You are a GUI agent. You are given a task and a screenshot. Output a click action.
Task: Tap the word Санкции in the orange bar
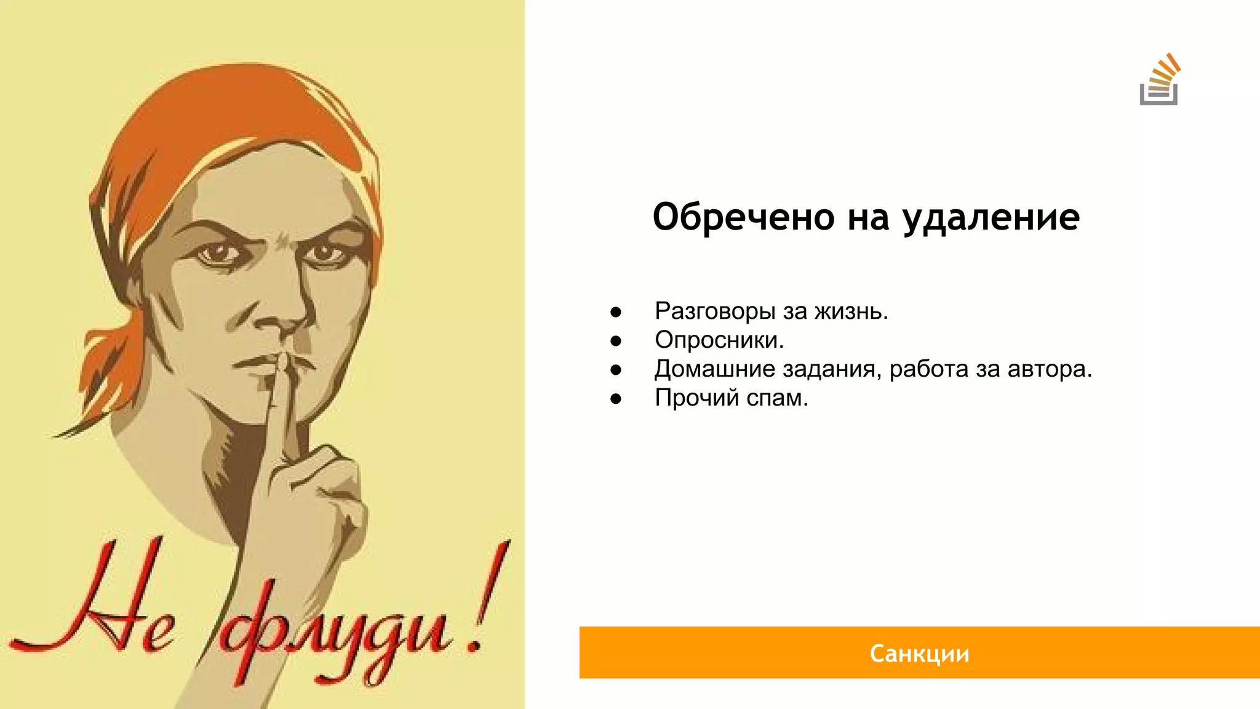click(x=919, y=654)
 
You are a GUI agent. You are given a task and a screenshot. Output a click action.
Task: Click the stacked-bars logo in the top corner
click(x=1159, y=81)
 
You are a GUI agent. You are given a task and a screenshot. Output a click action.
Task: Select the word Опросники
click(x=719, y=340)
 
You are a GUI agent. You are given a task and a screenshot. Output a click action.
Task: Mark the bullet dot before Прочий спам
click(x=616, y=399)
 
